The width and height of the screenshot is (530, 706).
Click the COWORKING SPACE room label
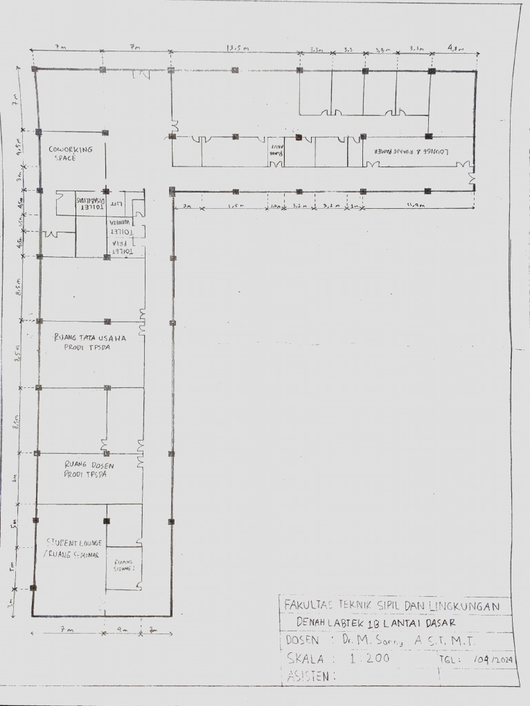tap(66, 153)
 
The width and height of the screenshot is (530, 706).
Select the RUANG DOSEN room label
tap(89, 469)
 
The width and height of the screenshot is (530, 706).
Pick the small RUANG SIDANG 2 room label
tap(124, 563)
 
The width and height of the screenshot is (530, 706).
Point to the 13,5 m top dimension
tap(237, 48)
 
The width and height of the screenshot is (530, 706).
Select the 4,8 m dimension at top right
tap(455, 48)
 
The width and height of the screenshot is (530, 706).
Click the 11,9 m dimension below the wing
tap(416, 205)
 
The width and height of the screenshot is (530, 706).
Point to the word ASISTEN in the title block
tap(309, 676)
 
